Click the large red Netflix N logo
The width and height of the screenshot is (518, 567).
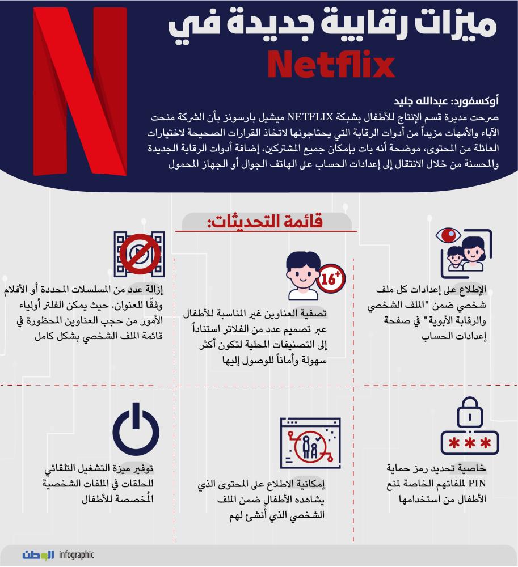tap(79, 91)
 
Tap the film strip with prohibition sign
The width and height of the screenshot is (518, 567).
tap(139, 253)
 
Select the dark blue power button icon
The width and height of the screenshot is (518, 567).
tap(136, 430)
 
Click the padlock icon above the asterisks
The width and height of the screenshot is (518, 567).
tap(469, 417)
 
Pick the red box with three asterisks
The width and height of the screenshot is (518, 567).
tap(469, 443)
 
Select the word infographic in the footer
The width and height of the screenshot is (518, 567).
tap(76, 555)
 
